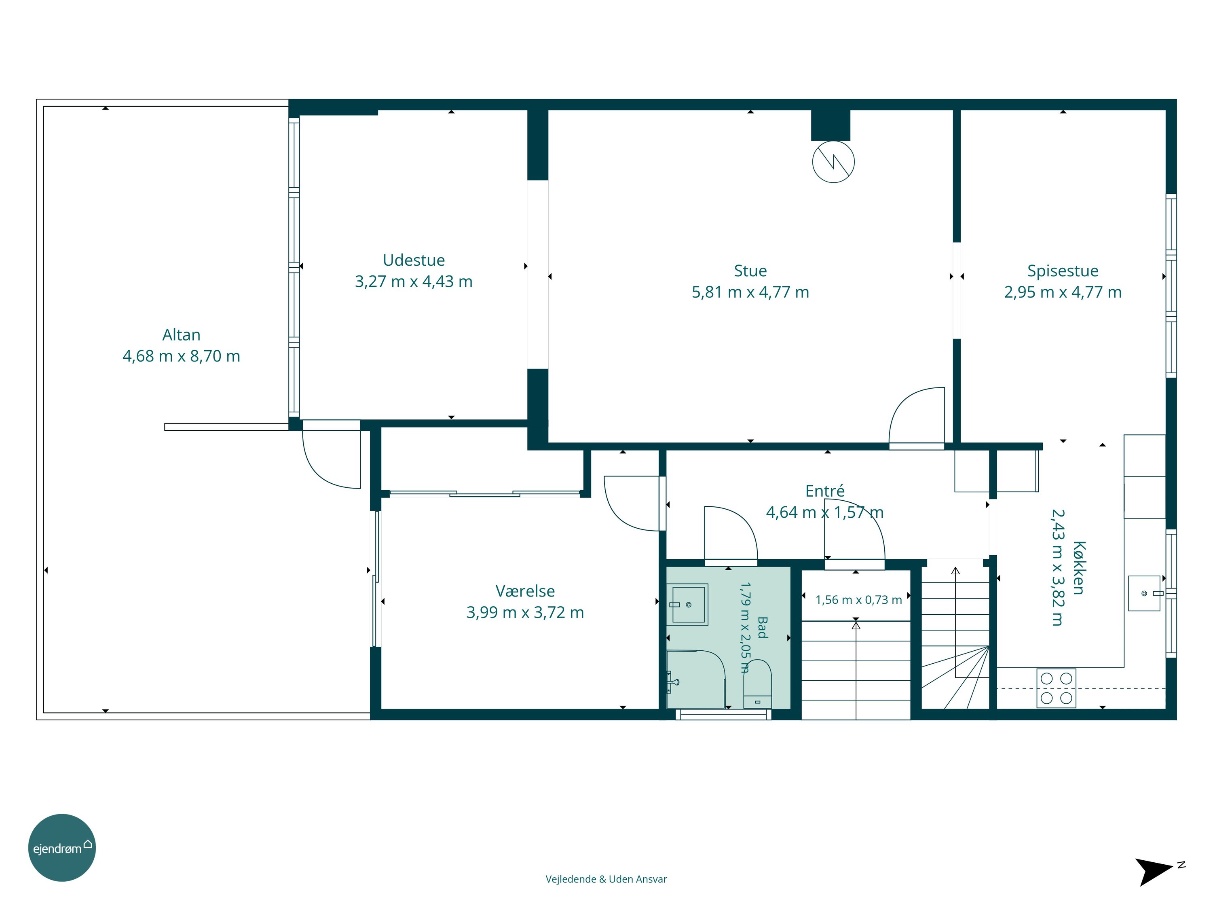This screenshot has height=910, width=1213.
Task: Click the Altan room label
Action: [182, 334]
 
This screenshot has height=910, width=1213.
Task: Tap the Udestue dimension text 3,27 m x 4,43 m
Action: [414, 281]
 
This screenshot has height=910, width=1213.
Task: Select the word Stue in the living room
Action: [750, 271]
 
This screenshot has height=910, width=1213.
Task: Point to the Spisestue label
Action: [1063, 271]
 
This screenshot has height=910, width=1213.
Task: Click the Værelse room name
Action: [525, 591]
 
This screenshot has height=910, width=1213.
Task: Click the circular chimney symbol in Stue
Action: [833, 162]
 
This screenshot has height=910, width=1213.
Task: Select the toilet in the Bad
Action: [757, 684]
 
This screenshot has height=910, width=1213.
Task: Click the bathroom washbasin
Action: [688, 605]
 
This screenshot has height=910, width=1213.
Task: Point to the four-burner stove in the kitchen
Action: [1056, 688]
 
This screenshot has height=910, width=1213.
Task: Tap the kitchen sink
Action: [1144, 593]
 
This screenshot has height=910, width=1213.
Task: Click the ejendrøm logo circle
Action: [62, 847]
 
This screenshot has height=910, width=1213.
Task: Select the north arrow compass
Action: [1156, 870]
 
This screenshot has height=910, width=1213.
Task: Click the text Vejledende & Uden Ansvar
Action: [606, 879]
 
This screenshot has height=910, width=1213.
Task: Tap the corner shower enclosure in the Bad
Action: [696, 679]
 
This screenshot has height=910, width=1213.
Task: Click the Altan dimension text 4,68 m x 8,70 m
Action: [182, 356]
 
